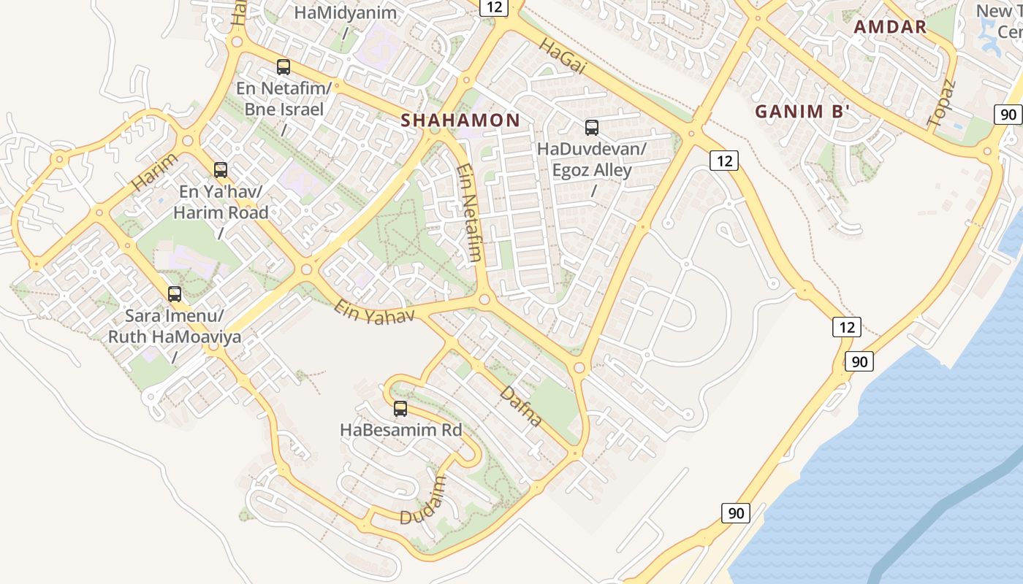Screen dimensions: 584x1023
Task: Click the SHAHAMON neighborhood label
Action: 460,120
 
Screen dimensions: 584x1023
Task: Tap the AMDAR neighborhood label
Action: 890,28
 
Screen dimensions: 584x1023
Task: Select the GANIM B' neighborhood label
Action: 802,112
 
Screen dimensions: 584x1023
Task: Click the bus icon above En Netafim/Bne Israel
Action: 284,67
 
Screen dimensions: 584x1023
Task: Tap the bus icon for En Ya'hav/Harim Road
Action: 221,170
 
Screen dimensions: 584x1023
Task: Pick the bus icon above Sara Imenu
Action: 175,294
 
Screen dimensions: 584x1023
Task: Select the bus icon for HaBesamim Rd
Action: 400,409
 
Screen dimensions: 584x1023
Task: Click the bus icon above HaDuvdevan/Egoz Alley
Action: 592,128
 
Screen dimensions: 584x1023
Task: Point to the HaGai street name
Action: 563,57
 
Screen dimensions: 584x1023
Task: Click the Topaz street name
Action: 941,105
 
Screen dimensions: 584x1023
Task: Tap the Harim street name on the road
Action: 155,173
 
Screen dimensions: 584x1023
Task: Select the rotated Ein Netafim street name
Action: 469,212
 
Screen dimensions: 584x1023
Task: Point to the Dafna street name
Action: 522,407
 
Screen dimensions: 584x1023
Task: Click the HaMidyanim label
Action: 345,12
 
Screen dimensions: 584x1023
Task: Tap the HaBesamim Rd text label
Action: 401,430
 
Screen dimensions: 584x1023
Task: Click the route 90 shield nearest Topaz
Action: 1008,114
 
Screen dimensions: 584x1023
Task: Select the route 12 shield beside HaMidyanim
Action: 494,7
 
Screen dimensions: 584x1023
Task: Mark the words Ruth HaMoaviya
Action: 175,337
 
